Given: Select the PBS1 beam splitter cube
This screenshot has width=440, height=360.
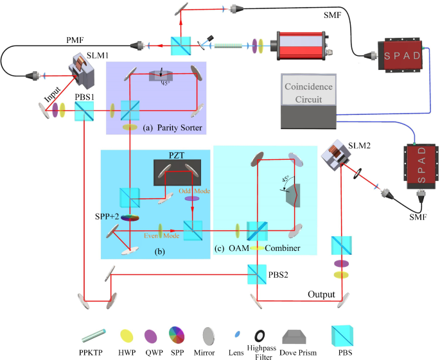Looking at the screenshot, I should tap(83, 113).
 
